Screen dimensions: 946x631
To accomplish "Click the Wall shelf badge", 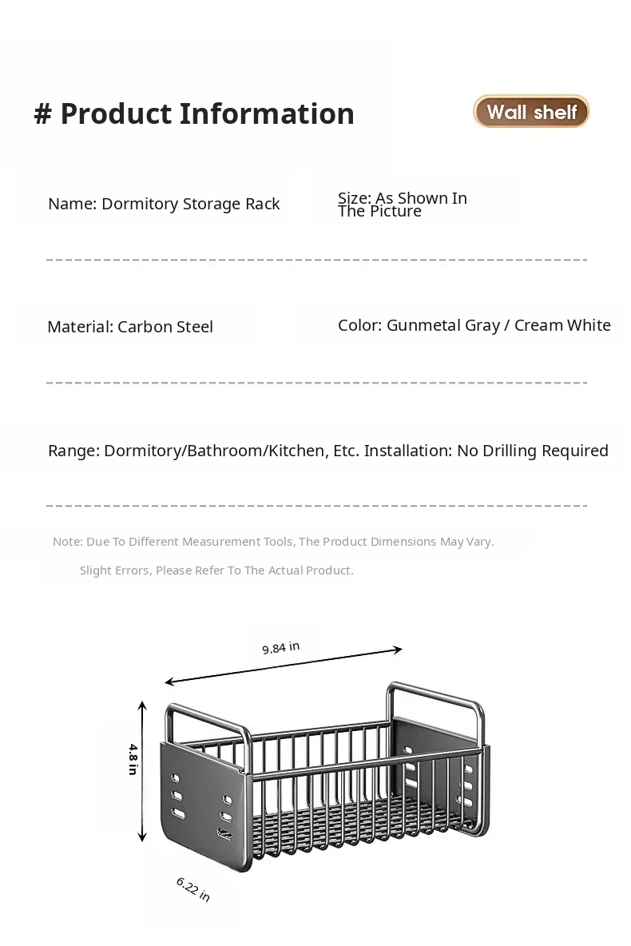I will click(531, 112).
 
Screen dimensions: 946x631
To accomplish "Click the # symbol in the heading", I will click(42, 114).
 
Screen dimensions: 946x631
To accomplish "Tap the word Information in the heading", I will click(267, 114).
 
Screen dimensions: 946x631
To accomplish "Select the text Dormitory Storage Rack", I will click(190, 204).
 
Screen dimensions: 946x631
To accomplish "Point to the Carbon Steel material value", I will click(165, 327).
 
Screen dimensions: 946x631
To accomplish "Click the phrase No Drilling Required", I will click(532, 451).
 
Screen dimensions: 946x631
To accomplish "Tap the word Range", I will click(73, 451).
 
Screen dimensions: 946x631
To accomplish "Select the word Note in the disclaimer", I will click(66, 542).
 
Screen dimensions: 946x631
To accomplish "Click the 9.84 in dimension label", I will click(280, 648).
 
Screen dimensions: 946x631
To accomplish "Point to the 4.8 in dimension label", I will click(133, 759).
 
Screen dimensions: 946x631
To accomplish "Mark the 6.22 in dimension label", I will click(192, 888).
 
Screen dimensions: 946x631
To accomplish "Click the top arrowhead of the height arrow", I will click(142, 705).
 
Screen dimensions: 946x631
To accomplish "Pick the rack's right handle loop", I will click(436, 695).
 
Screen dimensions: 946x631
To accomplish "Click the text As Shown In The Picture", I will click(402, 205).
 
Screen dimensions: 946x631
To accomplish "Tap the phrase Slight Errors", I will click(114, 570).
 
